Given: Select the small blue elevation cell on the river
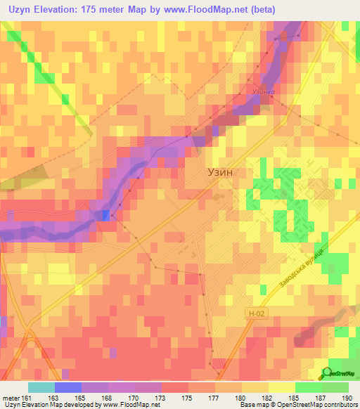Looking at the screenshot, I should [x=105, y=215].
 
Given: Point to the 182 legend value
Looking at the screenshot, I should [x=268, y=396].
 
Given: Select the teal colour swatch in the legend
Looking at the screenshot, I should [x=41, y=387].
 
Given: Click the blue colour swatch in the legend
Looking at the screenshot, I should [x=67, y=387].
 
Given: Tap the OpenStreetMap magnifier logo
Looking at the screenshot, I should [x=327, y=372].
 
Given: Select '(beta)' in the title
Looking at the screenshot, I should [x=259, y=10].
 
